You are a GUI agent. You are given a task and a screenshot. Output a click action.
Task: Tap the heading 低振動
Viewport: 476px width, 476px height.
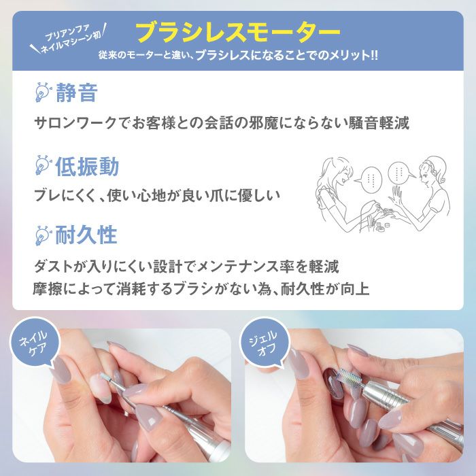pyautogui.click(x=86, y=166)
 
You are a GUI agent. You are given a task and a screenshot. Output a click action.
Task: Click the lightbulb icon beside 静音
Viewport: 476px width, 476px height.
pyautogui.click(x=43, y=92)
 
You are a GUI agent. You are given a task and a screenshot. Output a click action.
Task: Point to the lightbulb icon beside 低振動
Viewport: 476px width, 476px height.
pyautogui.click(x=43, y=165)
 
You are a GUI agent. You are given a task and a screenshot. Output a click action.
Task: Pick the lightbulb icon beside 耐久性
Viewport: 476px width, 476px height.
pyautogui.click(x=43, y=235)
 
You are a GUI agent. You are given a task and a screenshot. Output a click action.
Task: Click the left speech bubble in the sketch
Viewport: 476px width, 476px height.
pyautogui.click(x=370, y=181)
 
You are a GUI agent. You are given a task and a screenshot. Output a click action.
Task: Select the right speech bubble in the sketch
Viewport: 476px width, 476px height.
pyautogui.click(x=400, y=173)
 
